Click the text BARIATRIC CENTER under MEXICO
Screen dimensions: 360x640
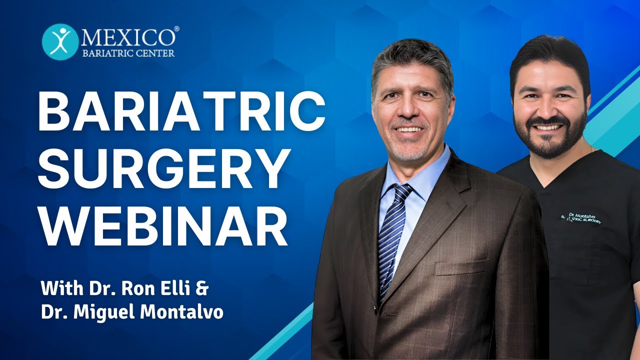[x=128, y=53]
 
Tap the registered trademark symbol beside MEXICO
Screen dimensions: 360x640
[x=176, y=29]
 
